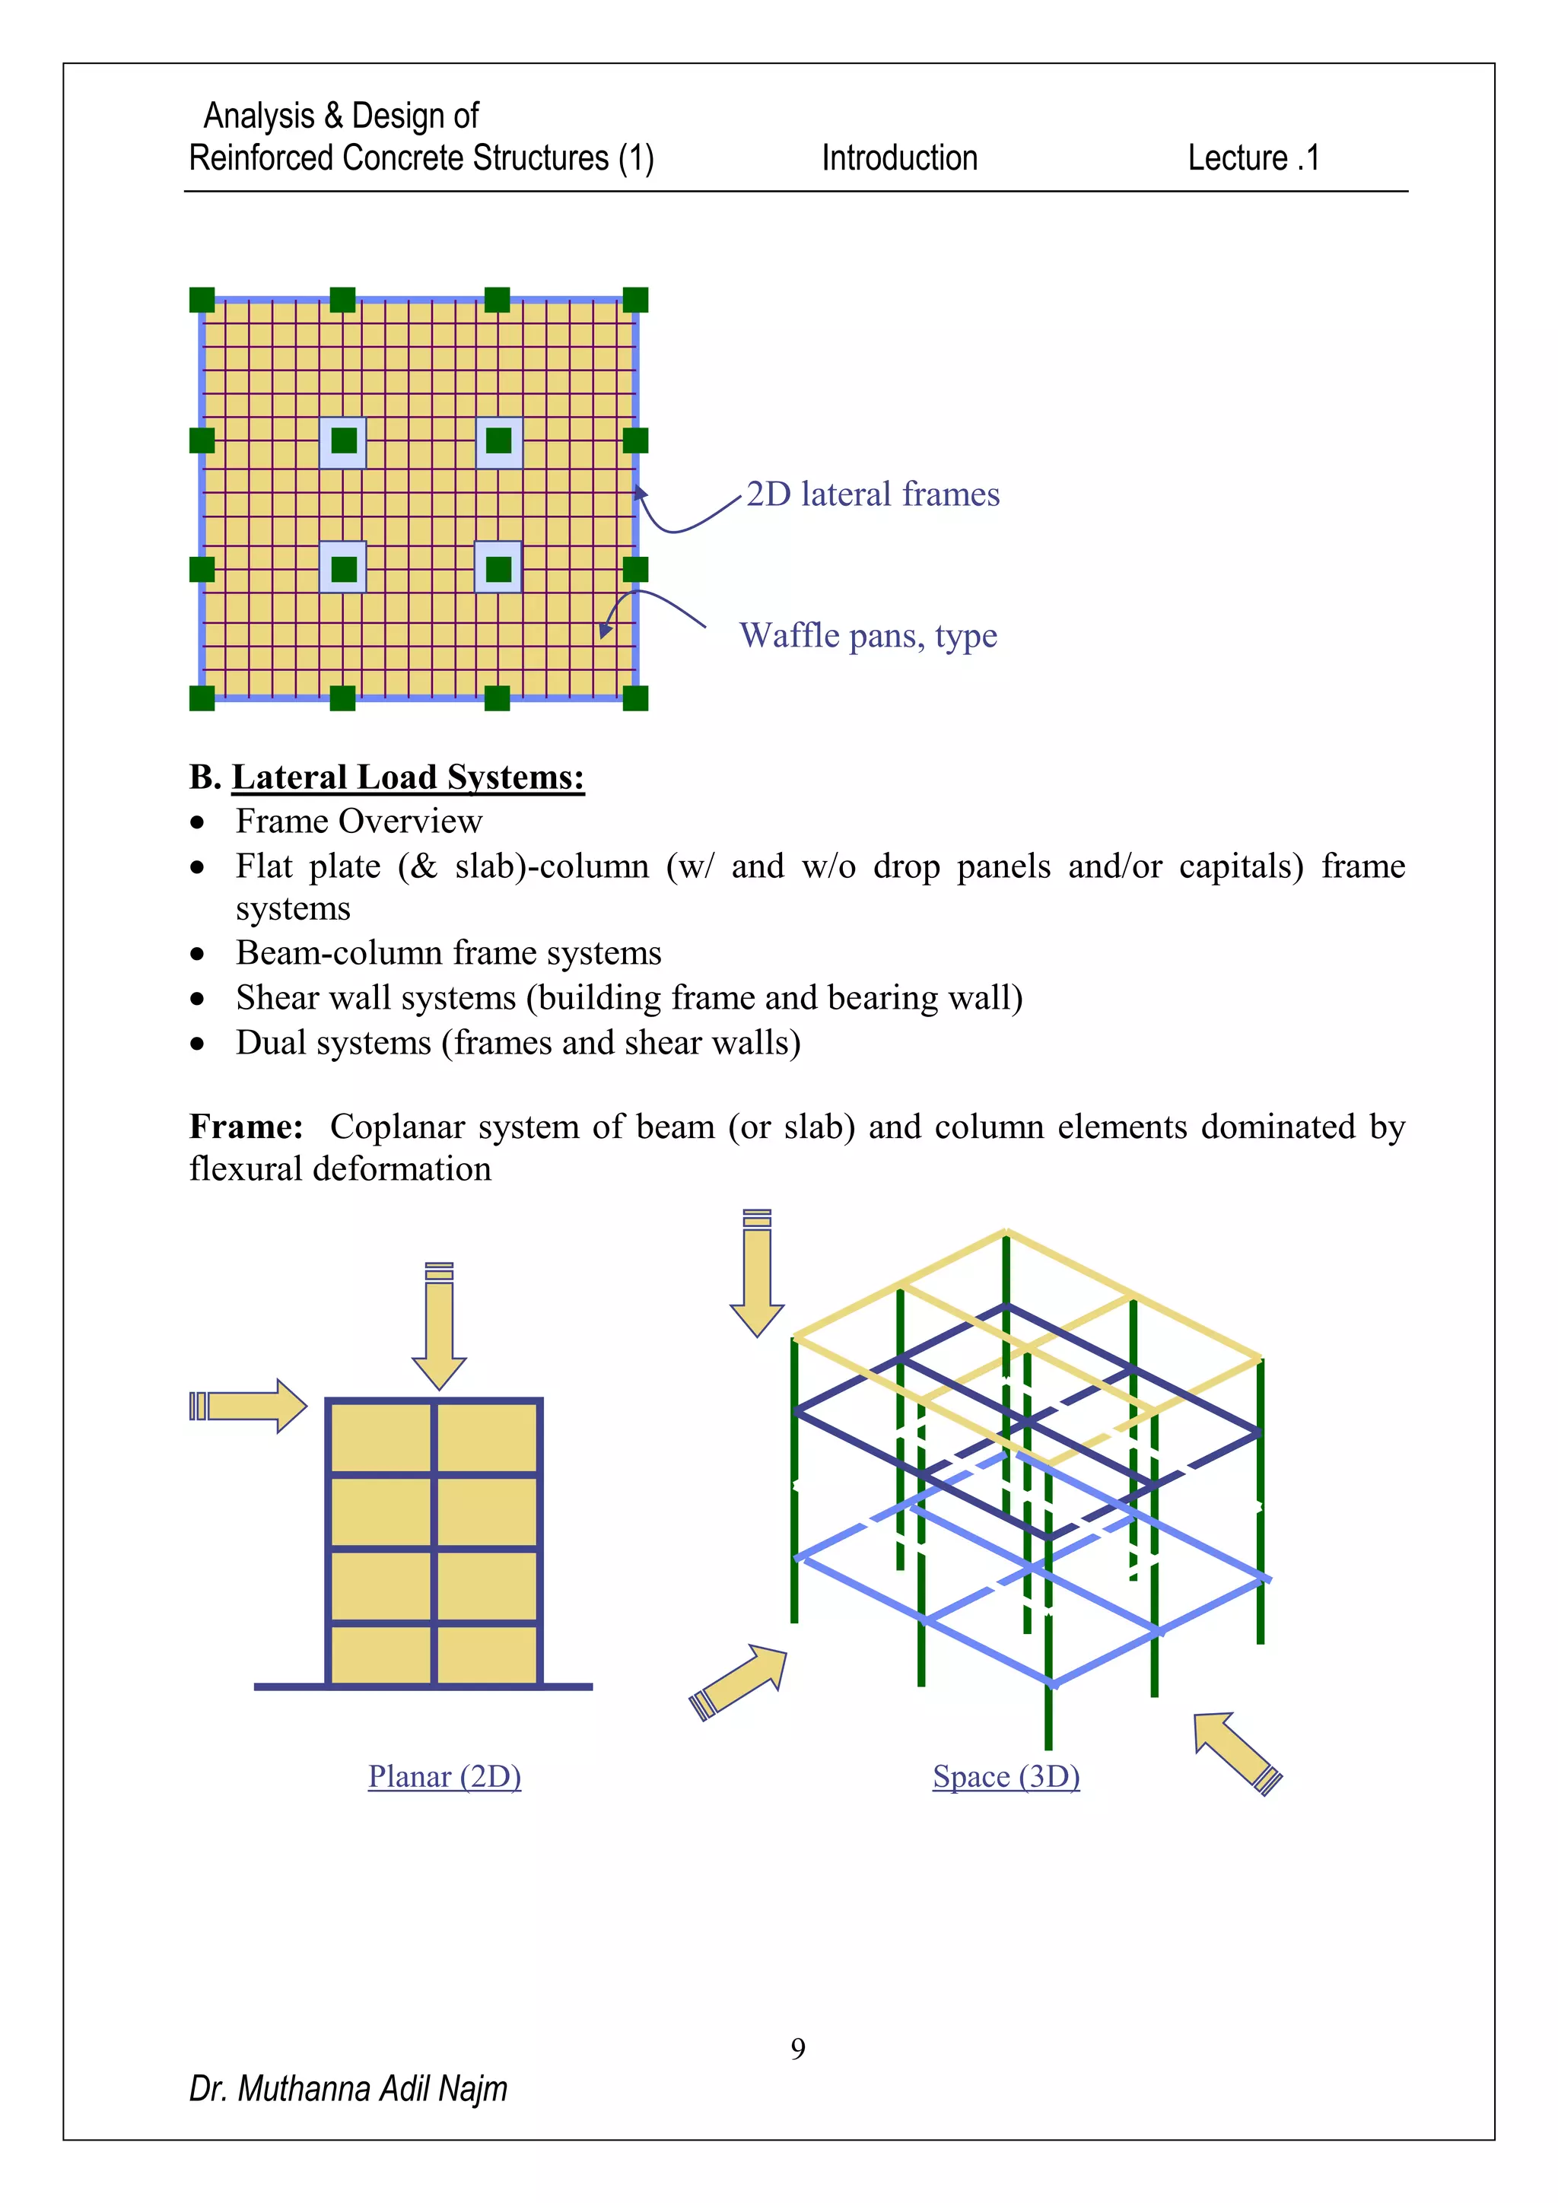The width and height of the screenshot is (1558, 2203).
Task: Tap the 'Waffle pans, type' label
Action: tap(867, 635)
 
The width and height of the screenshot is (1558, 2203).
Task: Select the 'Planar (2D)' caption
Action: tap(444, 1776)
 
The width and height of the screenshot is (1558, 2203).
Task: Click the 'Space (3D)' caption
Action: tap(1006, 1776)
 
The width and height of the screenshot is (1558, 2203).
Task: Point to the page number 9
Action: tap(797, 2049)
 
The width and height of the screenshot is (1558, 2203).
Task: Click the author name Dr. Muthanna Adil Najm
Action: tap(348, 2089)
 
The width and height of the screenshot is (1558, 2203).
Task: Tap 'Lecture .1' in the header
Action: tap(1253, 157)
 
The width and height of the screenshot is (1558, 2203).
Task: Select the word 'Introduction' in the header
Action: tap(899, 157)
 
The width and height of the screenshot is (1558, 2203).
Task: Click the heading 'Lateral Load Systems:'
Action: tap(408, 776)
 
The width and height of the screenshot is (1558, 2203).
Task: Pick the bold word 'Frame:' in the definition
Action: tap(246, 1127)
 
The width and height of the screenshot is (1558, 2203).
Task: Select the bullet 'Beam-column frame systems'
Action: tap(448, 952)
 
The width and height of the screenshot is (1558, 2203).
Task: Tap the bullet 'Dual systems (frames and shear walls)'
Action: tap(518, 1043)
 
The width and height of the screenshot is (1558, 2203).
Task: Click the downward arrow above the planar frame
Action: tap(438, 1329)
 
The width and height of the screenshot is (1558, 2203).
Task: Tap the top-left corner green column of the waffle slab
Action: tap(202, 300)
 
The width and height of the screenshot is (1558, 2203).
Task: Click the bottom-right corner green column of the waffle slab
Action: tap(635, 698)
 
